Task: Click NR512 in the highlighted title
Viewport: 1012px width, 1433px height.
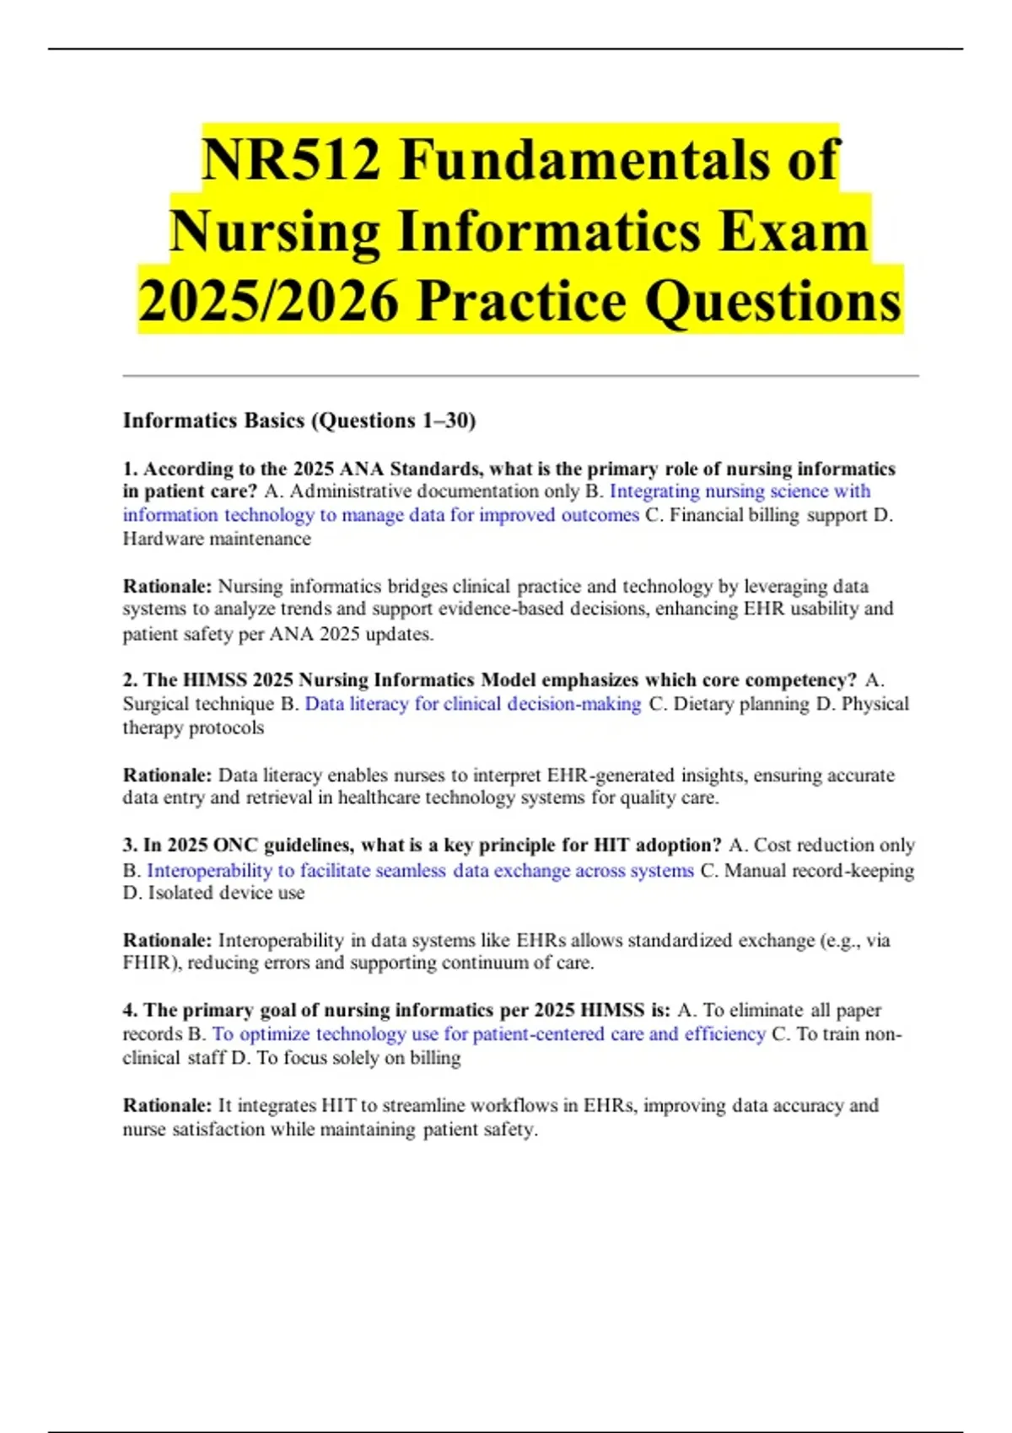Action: [292, 160]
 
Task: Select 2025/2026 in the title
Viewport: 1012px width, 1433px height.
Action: [268, 302]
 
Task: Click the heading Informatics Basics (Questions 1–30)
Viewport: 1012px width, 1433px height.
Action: [299, 421]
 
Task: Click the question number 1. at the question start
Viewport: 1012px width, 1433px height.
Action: [131, 469]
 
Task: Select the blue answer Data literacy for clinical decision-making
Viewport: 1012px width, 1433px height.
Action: [472, 704]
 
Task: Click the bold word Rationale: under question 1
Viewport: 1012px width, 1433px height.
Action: [167, 586]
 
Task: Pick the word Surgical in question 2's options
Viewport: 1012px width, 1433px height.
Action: [156, 704]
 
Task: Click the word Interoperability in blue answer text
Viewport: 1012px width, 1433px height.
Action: [209, 870]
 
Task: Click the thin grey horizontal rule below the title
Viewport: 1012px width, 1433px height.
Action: [520, 376]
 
